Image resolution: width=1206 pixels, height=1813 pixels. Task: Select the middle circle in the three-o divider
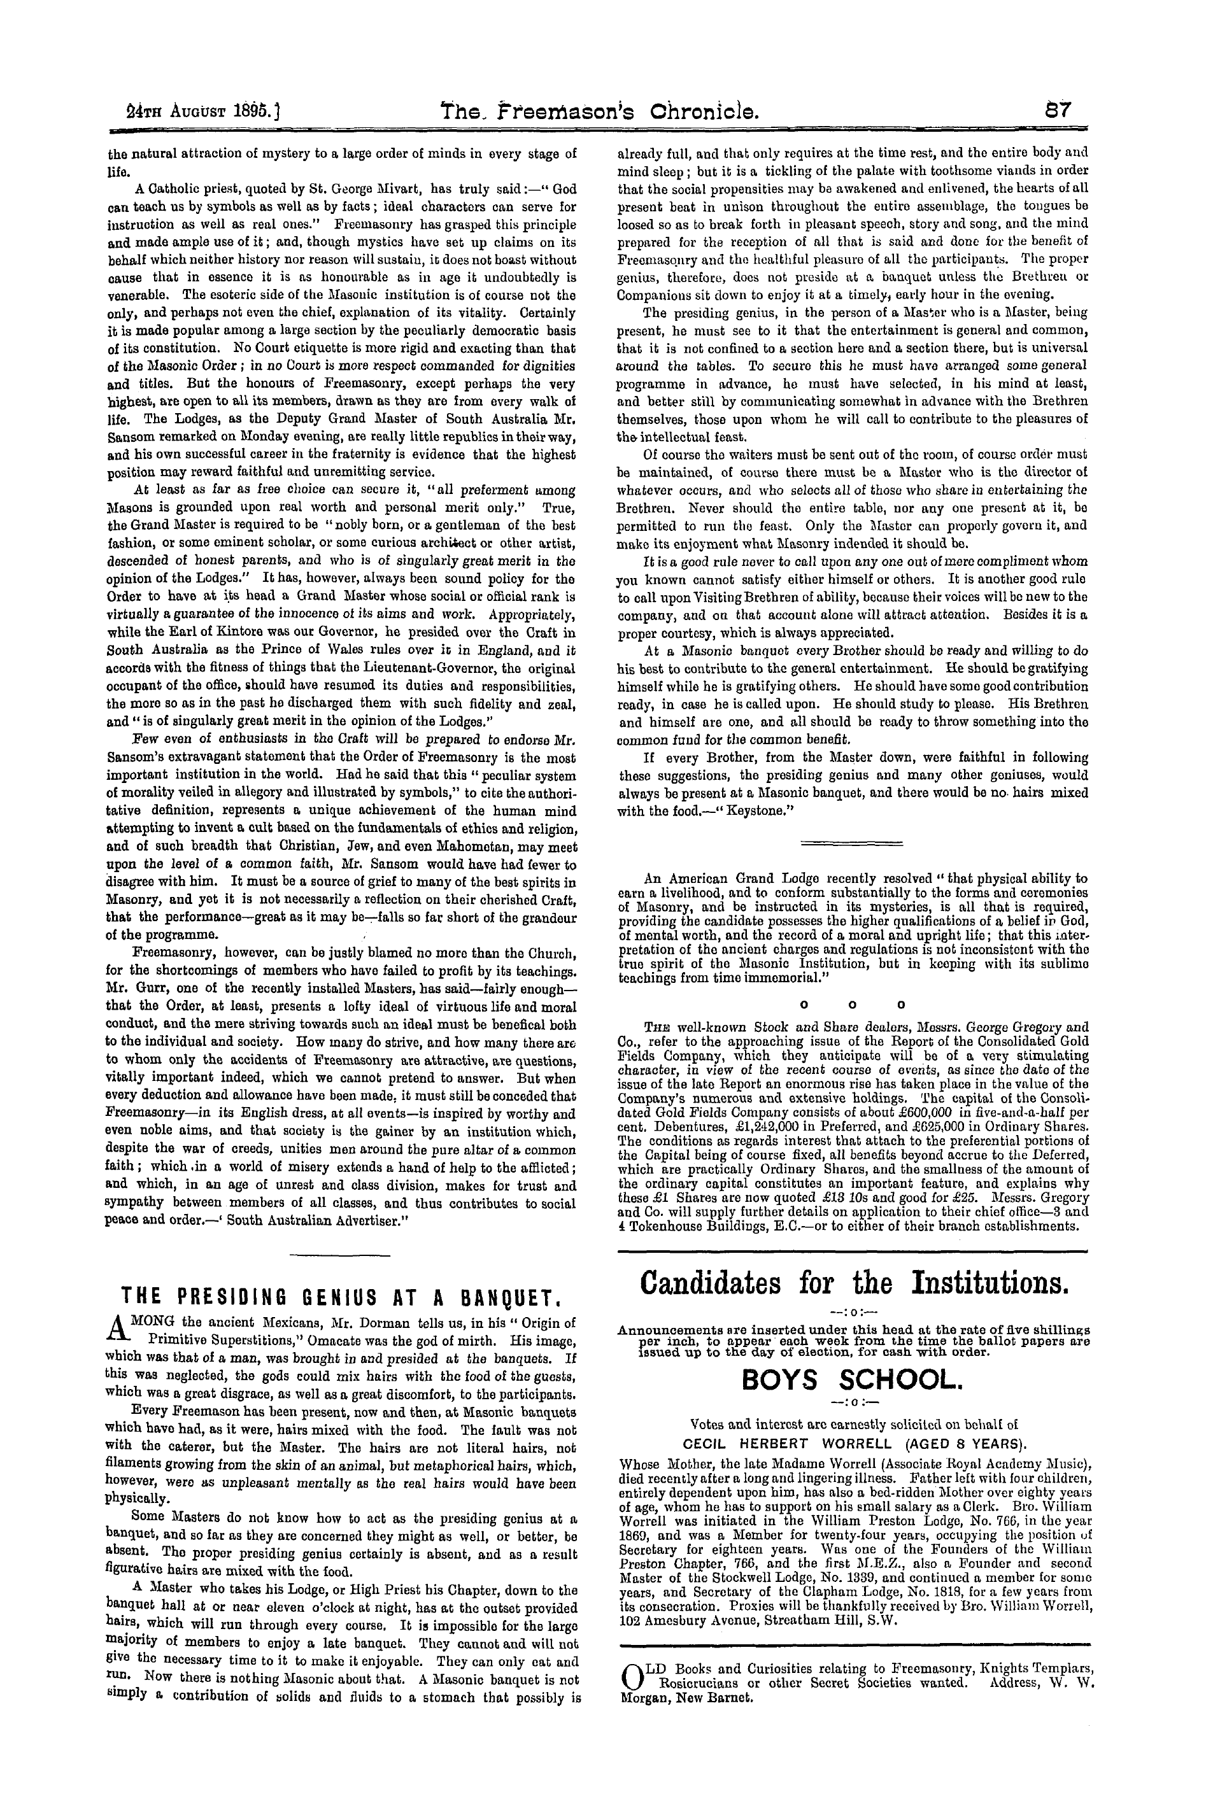click(851, 1004)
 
